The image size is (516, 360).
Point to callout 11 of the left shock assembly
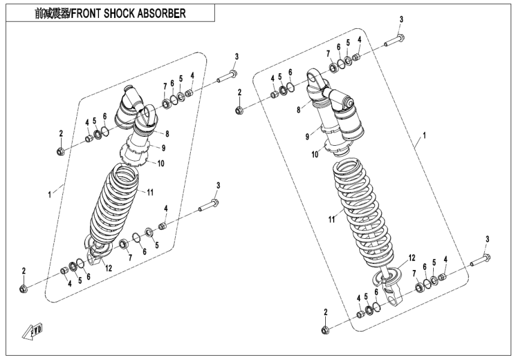(x=151, y=191)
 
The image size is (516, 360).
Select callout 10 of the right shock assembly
(x=314, y=155)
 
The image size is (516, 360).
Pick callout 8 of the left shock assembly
(x=167, y=133)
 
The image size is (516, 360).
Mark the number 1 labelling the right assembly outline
(x=424, y=137)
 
